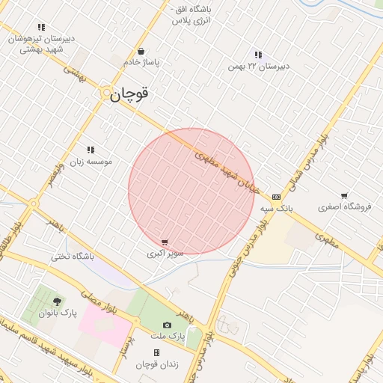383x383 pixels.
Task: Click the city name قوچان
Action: coord(129,94)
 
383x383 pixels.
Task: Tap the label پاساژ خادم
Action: coord(142,63)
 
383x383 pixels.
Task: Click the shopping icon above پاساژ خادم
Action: coord(142,52)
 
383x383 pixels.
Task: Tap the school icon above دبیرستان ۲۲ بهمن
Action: coord(258,55)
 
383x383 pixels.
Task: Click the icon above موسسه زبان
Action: coord(91,150)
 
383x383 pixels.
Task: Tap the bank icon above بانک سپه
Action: coord(277,196)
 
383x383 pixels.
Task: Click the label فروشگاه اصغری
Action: coord(345,206)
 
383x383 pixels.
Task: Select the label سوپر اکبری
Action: coord(164,254)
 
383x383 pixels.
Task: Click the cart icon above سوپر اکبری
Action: coord(165,242)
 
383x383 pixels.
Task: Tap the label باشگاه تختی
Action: coord(72,256)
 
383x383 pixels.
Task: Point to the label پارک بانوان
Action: coord(59,313)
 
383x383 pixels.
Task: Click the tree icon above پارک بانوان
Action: coord(58,301)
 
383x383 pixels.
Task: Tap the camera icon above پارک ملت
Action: coord(167,325)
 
